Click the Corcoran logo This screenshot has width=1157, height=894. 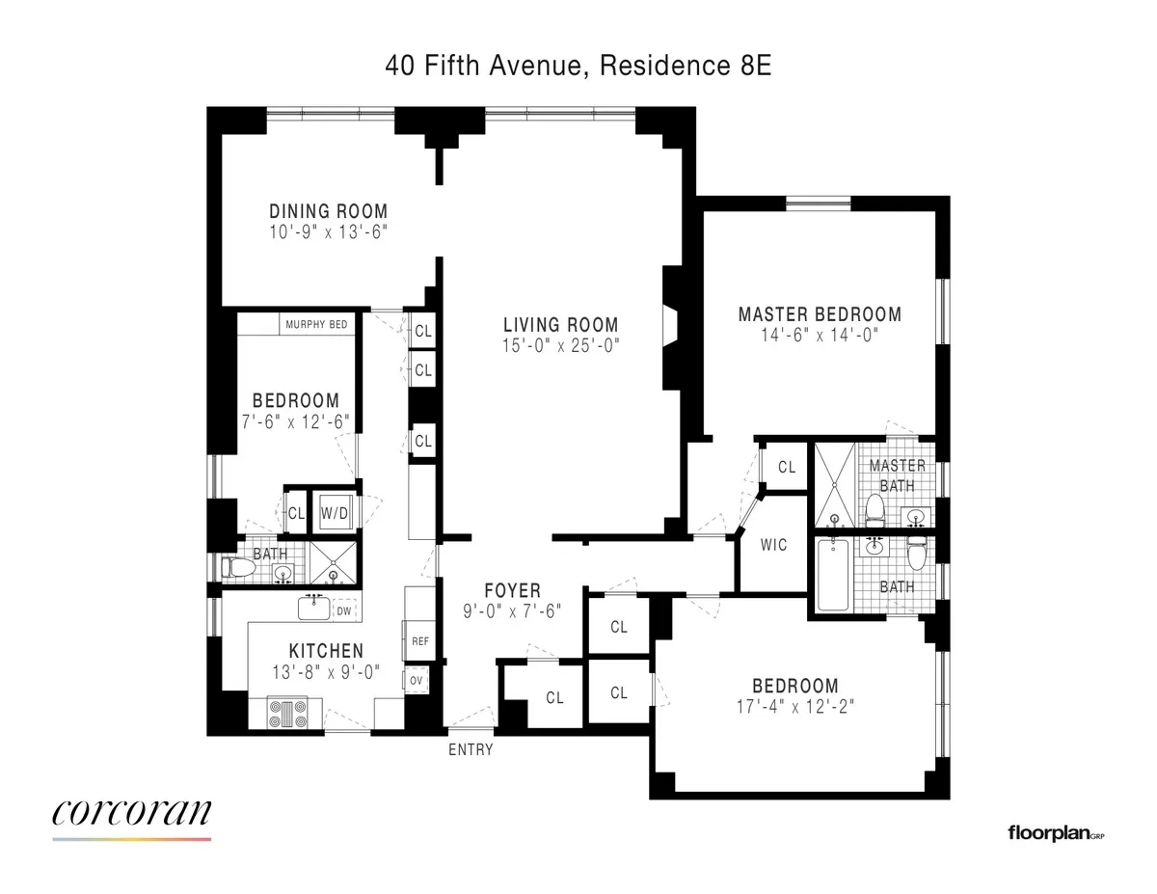pyautogui.click(x=131, y=814)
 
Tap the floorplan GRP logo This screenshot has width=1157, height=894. pyautogui.click(x=1055, y=832)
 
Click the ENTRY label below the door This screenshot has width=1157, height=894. pyautogui.click(x=471, y=749)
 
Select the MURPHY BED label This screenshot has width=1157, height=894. pyautogui.click(x=316, y=325)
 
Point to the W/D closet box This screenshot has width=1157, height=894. pyautogui.click(x=334, y=513)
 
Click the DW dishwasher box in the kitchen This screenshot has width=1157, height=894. pyautogui.click(x=344, y=610)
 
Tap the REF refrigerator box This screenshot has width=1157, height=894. pyautogui.click(x=419, y=640)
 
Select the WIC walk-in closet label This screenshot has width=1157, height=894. pyautogui.click(x=773, y=545)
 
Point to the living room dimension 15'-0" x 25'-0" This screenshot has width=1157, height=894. pyautogui.click(x=560, y=343)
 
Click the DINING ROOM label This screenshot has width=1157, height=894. pyautogui.click(x=328, y=211)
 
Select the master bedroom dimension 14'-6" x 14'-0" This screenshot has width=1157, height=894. pyautogui.click(x=820, y=334)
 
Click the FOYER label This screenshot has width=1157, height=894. pyautogui.click(x=512, y=590)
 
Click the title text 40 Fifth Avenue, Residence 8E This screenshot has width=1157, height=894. pyautogui.click(x=578, y=66)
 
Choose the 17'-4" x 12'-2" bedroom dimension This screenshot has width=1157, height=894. pyautogui.click(x=794, y=705)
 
